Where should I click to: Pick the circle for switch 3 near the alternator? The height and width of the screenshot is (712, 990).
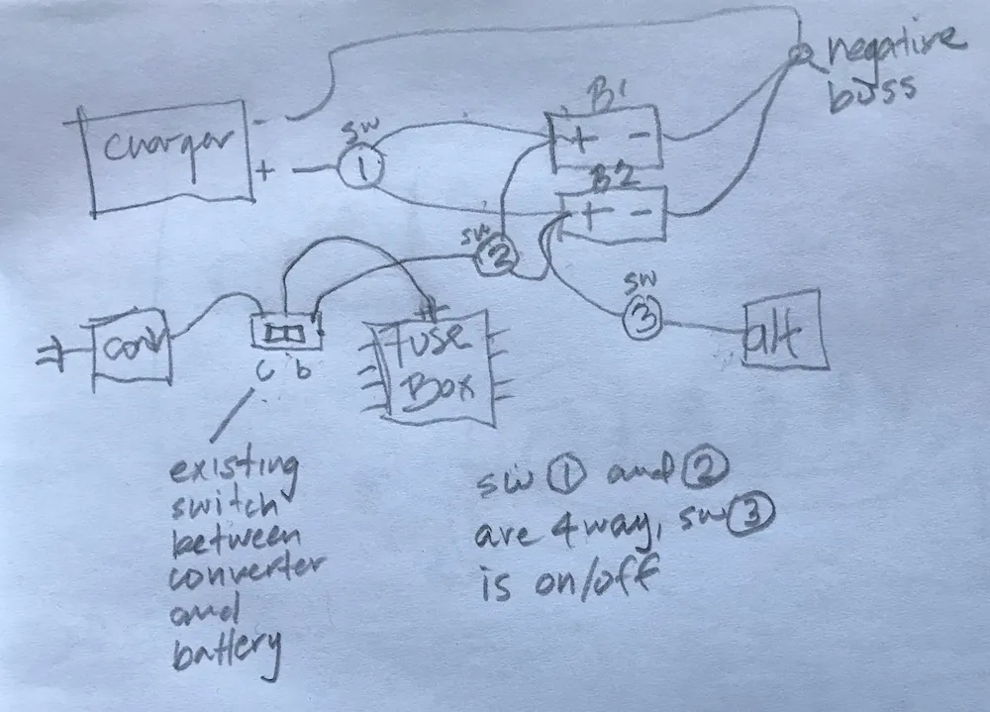point(642,320)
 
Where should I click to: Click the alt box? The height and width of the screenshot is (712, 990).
point(782,330)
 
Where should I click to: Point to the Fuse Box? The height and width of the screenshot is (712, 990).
point(432,366)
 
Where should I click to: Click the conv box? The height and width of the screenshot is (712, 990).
point(132,347)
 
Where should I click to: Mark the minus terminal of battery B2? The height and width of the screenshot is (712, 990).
point(642,214)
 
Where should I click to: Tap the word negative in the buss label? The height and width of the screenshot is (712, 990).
point(893,44)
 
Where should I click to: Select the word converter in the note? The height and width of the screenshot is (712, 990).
point(238,576)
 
